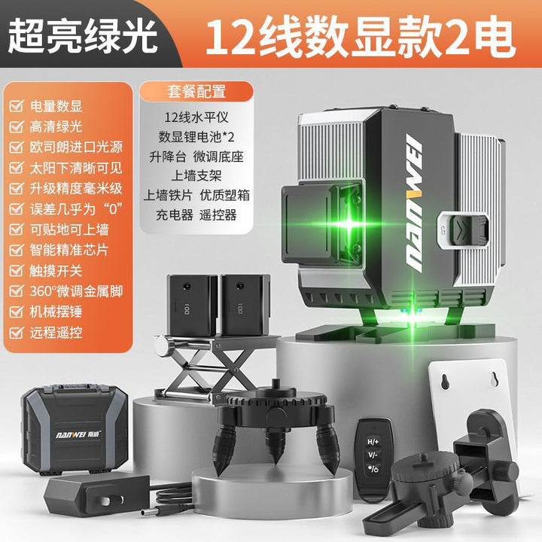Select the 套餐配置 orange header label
(x=196, y=92)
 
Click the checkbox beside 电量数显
(x=17, y=106)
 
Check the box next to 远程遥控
(x=17, y=333)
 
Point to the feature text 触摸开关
(x=56, y=271)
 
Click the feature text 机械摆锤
(x=56, y=312)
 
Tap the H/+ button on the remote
(x=373, y=441)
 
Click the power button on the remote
(x=373, y=469)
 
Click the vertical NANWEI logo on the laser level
(x=413, y=202)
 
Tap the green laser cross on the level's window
(x=350, y=224)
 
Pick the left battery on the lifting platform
(x=192, y=305)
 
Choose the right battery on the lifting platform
(x=245, y=305)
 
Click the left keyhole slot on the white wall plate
(x=445, y=381)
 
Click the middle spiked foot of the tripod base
(x=276, y=446)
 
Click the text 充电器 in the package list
(x=174, y=215)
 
